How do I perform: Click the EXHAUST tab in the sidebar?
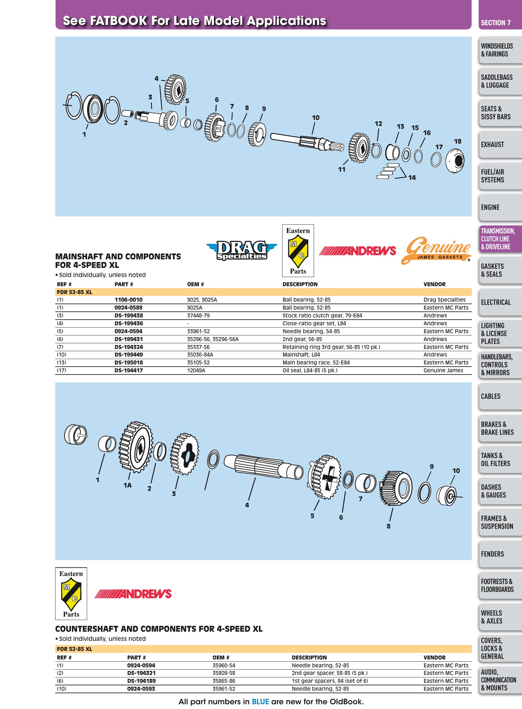500,145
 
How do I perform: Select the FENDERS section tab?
500,554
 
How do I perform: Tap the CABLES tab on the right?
500,396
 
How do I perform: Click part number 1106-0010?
128,300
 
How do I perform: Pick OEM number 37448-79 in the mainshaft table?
198,316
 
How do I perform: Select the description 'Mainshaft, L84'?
301,355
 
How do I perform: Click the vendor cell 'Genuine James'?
443,371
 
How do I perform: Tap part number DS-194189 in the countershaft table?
141,681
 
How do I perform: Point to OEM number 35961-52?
224,689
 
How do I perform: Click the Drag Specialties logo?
242,250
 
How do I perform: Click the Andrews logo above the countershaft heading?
133,594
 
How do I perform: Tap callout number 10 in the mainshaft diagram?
316,118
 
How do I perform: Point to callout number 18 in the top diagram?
458,142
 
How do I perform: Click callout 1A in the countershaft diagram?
127,485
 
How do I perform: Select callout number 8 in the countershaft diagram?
388,526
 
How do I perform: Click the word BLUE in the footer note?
260,702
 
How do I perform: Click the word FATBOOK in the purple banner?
118,21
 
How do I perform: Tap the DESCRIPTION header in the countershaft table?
309,658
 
